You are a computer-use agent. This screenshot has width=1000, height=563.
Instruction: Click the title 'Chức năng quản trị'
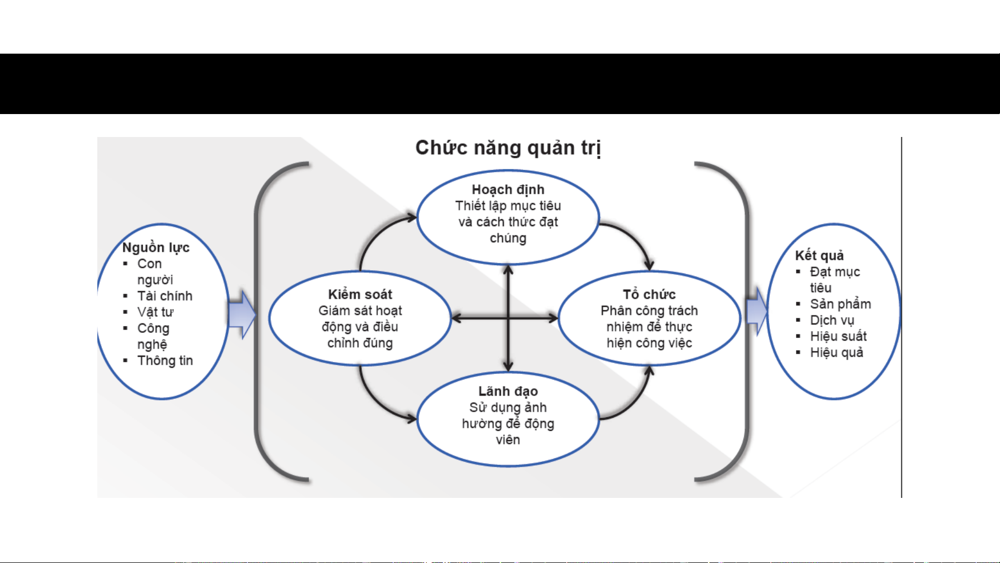[508, 148]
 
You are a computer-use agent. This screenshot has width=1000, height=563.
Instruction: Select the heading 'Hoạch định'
[508, 190]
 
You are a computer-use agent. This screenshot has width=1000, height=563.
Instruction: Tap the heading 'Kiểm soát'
[360, 294]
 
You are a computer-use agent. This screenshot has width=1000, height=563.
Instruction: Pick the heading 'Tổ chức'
[649, 294]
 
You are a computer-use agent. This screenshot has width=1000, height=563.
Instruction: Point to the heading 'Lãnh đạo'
[508, 391]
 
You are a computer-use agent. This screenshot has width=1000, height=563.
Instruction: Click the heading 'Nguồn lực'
[156, 247]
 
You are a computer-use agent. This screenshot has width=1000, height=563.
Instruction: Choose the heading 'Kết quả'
[819, 255]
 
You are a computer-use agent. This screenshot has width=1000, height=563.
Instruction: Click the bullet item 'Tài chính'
[164, 296]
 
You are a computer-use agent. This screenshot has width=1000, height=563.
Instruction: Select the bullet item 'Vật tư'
[155, 312]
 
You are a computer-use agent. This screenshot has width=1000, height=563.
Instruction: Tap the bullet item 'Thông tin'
[164, 360]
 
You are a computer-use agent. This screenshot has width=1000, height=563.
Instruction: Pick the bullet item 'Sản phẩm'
[840, 304]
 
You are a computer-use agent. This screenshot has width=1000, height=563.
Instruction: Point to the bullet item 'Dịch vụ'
[831, 320]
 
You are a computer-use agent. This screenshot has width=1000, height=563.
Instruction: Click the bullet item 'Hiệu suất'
[838, 336]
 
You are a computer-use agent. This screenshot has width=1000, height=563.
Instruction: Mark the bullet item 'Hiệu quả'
[836, 353]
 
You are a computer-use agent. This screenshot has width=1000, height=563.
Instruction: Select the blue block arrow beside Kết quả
[757, 311]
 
